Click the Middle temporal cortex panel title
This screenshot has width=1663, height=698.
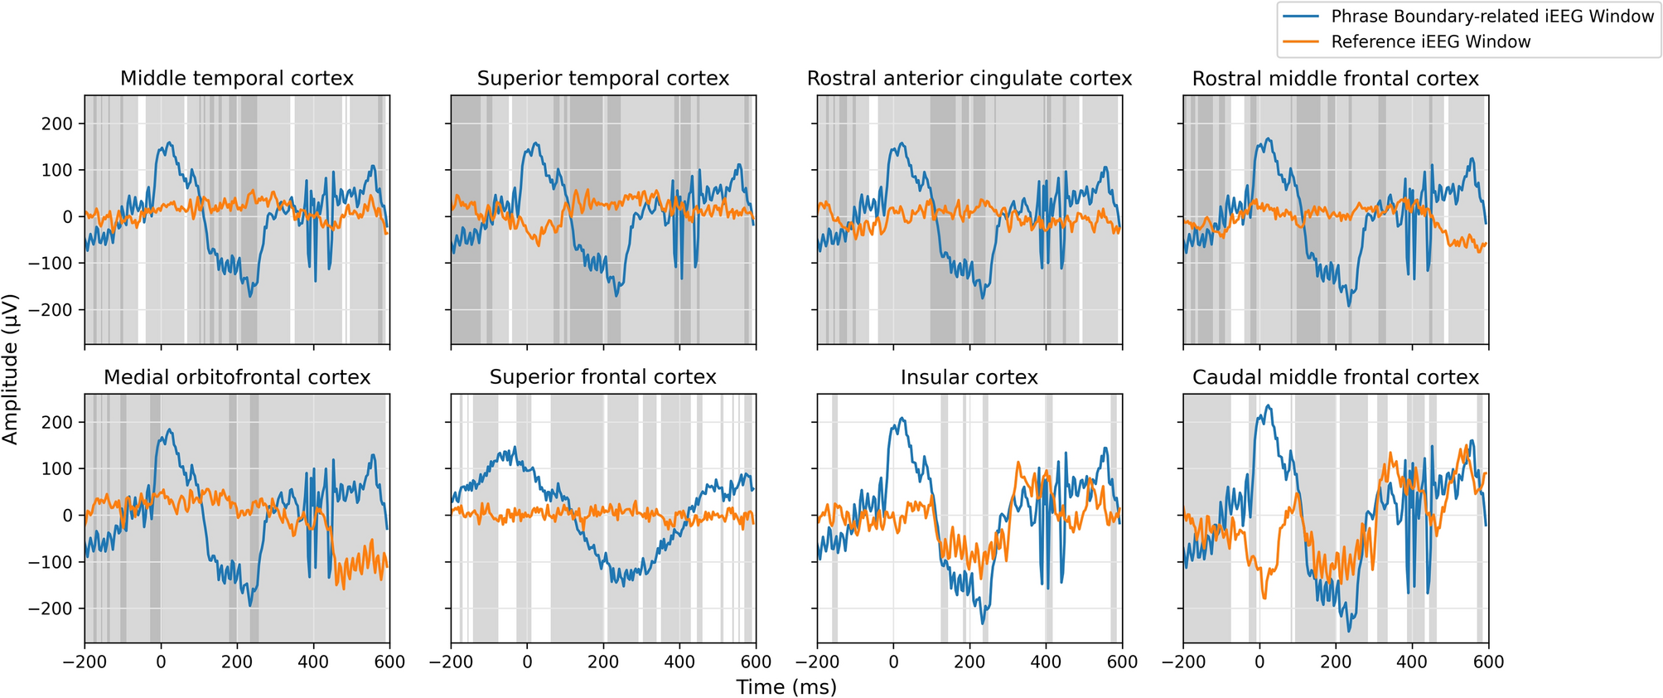click(237, 79)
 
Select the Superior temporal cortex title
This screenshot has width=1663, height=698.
click(603, 79)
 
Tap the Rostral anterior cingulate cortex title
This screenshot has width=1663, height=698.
click(969, 79)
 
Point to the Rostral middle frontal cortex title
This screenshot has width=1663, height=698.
click(1336, 79)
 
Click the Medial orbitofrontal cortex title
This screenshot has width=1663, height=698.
click(237, 377)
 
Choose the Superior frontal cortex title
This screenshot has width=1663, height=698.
click(603, 377)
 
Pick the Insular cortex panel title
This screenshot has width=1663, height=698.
click(969, 377)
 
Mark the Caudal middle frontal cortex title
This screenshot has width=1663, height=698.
click(1336, 377)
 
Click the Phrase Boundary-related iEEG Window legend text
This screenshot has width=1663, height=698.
click(1492, 17)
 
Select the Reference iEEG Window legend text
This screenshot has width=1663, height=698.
click(1431, 41)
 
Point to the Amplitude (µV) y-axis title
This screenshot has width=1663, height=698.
click(11, 369)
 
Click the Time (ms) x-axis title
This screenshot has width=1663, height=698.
click(786, 686)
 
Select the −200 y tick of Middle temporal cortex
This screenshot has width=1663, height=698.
click(51, 310)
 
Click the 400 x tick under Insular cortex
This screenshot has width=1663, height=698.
click(1046, 662)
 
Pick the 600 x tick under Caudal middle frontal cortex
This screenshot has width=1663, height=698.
click(1488, 662)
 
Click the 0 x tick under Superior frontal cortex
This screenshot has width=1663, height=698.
click(528, 662)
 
